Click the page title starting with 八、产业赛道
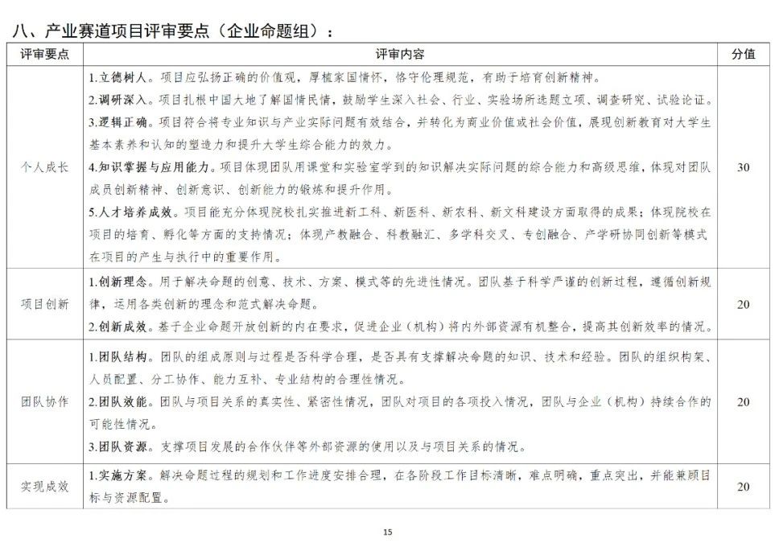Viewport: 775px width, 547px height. [172, 31]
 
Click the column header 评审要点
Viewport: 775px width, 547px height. [44, 54]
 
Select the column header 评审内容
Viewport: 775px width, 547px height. [400, 54]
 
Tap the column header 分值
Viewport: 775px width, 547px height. [743, 54]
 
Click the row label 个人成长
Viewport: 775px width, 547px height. [44, 167]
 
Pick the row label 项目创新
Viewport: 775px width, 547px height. [44, 304]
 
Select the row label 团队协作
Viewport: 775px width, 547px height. [44, 401]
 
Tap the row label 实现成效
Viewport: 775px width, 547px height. [44, 486]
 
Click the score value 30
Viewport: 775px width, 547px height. [743, 167]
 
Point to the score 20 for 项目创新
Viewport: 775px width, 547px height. [743, 304]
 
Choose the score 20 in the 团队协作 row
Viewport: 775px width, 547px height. [743, 401]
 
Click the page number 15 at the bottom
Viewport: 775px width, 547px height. [387, 532]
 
